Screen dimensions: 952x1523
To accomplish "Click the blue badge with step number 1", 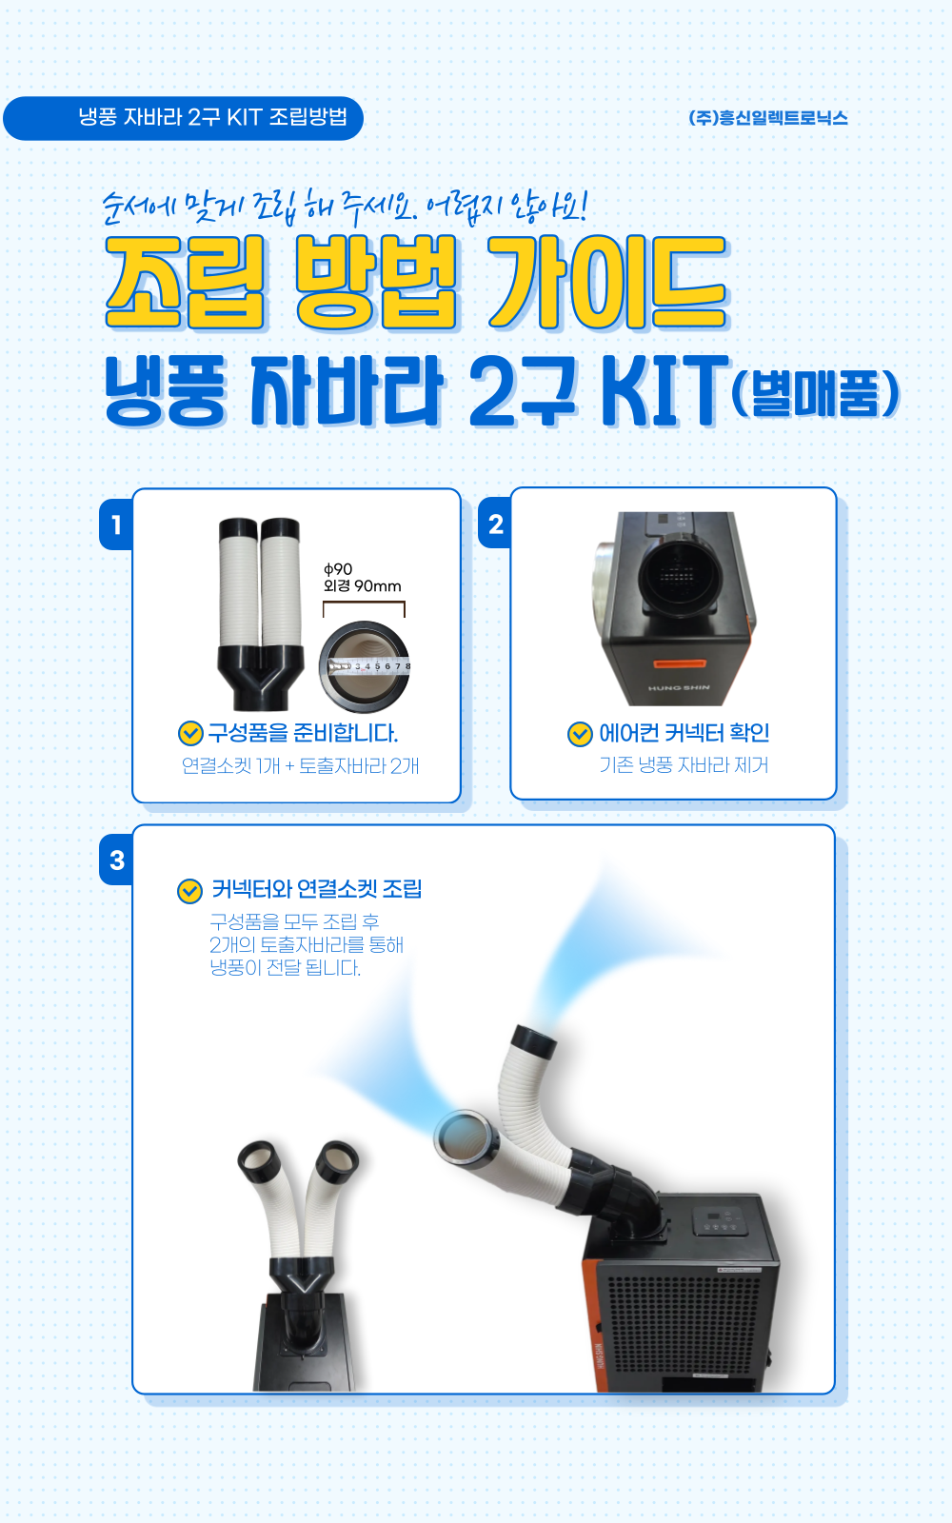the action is pos(115,524).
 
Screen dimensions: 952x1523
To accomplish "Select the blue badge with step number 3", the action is pos(116,860).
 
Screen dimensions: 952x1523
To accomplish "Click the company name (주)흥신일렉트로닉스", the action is pos(767,118).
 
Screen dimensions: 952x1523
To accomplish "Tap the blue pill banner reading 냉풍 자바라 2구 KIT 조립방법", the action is pos(183,118).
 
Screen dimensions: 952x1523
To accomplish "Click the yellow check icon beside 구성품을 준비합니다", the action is pos(190,734).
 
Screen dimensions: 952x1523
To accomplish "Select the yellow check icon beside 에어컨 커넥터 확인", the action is pos(580,734).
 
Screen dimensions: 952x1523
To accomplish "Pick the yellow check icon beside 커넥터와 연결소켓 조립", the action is pos(189,891).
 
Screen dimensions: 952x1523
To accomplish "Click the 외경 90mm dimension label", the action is pos(363,586).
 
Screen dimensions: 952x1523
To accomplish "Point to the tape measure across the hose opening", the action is pos(369,666).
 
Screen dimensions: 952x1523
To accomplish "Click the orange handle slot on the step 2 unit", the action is pos(680,663).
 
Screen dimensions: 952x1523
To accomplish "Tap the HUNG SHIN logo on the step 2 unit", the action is pos(679,687).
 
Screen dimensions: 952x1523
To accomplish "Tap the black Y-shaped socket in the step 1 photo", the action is pos(261,677).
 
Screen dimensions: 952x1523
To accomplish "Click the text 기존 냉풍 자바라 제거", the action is pos(684,765).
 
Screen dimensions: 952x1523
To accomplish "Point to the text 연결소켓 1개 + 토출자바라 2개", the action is pos(300,765).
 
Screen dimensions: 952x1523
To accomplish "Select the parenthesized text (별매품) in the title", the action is pos(815,394).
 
